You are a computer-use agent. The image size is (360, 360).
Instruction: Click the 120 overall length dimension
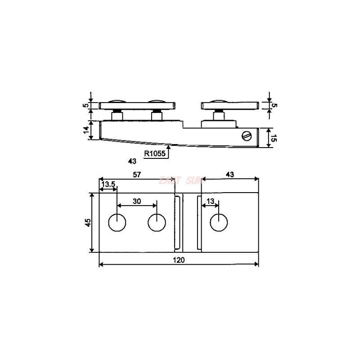[x=179, y=260]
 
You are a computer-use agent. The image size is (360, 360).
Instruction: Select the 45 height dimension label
[x=88, y=222]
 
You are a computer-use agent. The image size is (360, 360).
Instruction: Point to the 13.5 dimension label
[x=108, y=185]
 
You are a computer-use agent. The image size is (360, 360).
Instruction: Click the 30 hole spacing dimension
[x=137, y=202]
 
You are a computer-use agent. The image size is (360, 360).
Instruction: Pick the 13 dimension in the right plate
[x=210, y=201]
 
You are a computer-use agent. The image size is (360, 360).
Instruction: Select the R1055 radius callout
[x=155, y=153]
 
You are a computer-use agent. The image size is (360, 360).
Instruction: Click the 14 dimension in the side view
[x=85, y=130]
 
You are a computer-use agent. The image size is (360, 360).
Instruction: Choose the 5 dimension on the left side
[x=85, y=106]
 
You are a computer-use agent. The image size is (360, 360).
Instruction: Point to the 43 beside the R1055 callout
[x=132, y=161]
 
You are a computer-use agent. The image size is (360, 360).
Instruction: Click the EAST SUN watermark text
[x=178, y=180]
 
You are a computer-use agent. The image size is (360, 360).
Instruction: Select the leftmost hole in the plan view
[x=117, y=222]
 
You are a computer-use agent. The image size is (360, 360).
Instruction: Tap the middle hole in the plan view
[x=157, y=222]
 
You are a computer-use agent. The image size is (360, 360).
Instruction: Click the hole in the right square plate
[x=219, y=222]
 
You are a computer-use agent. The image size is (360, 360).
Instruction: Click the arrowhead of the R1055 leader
[x=168, y=146]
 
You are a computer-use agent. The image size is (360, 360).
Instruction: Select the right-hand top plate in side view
[x=229, y=106]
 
